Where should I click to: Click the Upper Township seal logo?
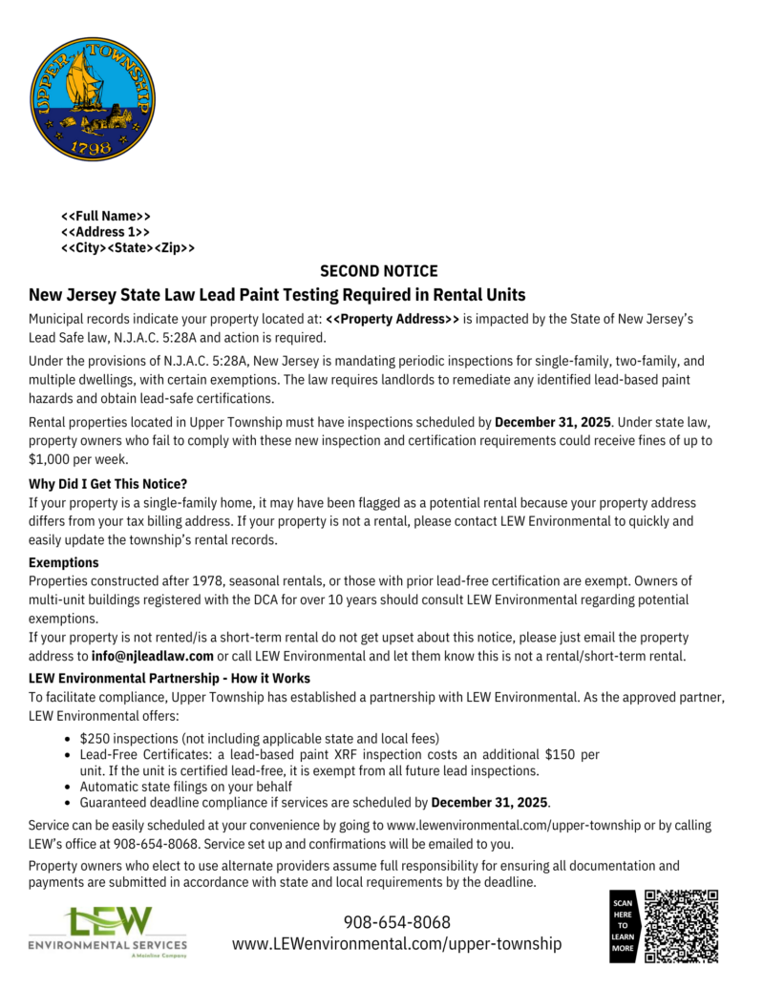pos(92,99)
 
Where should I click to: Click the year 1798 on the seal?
pos(91,149)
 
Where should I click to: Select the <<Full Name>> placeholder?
pos(106,216)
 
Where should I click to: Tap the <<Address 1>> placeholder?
pos(105,232)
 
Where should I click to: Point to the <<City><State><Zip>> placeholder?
pos(128,248)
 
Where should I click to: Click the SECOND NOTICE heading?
pos(379,271)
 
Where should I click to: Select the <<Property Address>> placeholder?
pos(393,317)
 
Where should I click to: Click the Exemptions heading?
pos(64,562)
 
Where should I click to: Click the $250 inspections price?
pos(95,738)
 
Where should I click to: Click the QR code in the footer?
pos(681,925)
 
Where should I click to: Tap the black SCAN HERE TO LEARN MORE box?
pos(623,926)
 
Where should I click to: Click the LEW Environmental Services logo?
pos(108,931)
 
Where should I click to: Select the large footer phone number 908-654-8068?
pos(396,922)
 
